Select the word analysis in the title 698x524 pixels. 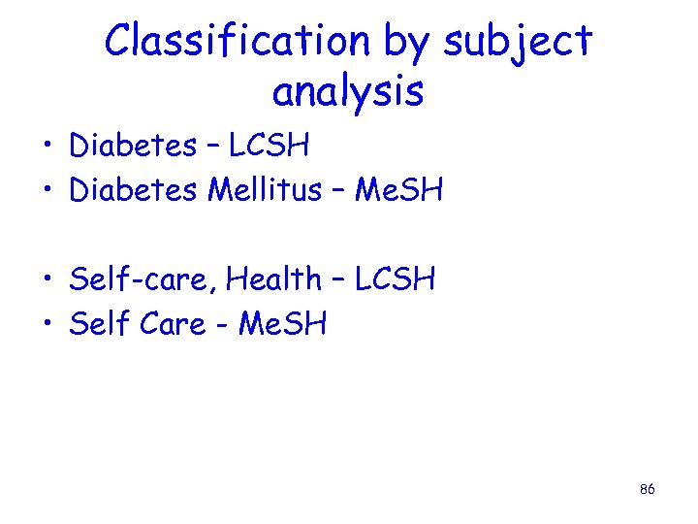coord(348,92)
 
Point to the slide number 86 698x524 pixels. coord(648,490)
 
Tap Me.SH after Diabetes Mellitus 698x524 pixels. coord(398,190)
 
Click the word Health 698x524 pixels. coord(274,279)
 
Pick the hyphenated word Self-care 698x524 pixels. coord(143,279)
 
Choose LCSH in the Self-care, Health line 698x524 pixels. coord(395,279)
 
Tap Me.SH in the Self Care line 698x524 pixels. coord(282,324)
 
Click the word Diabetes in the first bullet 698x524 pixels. coord(133,147)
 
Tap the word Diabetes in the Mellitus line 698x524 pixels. coord(133,190)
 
